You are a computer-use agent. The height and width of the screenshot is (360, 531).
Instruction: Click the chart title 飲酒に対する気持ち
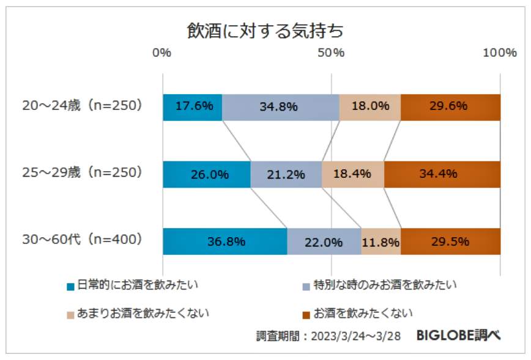click(x=265, y=31)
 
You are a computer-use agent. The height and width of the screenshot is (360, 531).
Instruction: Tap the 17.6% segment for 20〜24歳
click(x=193, y=107)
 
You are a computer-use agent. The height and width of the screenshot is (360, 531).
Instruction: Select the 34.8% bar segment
click(x=280, y=107)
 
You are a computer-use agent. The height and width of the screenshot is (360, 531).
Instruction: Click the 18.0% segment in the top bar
click(x=370, y=107)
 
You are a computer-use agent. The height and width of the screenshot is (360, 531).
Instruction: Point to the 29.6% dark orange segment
click(x=450, y=107)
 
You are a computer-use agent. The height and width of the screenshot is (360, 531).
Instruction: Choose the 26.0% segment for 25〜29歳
click(x=207, y=174)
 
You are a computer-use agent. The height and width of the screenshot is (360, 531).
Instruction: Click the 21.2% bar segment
click(x=286, y=174)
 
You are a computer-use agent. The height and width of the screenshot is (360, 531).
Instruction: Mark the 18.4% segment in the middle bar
click(x=352, y=174)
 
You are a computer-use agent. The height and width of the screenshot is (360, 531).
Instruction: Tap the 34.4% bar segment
click(x=442, y=174)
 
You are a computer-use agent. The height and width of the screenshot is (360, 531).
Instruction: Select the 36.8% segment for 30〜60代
click(x=225, y=241)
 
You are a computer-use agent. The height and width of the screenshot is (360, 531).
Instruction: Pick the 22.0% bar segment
click(x=324, y=241)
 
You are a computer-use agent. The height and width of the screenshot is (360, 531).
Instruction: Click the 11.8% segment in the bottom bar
click(x=381, y=241)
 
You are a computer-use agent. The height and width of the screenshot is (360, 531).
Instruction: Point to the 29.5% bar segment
click(x=450, y=241)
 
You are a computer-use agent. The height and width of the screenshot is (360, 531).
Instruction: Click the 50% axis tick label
click(x=332, y=53)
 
